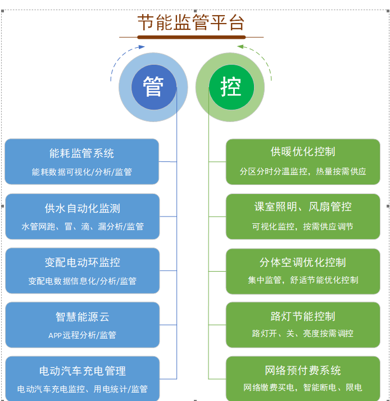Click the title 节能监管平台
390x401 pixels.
191,22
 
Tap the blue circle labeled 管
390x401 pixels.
153,87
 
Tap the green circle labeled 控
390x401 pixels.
230,87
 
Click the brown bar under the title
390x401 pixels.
191,38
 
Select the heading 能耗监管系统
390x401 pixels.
81,153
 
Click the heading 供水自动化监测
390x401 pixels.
82,208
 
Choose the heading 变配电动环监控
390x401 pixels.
82,262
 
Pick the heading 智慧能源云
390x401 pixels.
82,317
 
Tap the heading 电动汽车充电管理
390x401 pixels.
82,371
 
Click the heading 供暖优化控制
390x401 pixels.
302,151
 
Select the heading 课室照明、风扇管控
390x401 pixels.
302,206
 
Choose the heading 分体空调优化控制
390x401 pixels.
302,262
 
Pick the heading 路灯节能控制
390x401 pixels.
302,316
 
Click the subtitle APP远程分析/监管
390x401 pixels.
82,335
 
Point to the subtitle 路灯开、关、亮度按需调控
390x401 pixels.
302,334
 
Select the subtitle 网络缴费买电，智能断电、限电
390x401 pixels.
302,388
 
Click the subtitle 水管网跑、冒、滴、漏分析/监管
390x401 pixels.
82,227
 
